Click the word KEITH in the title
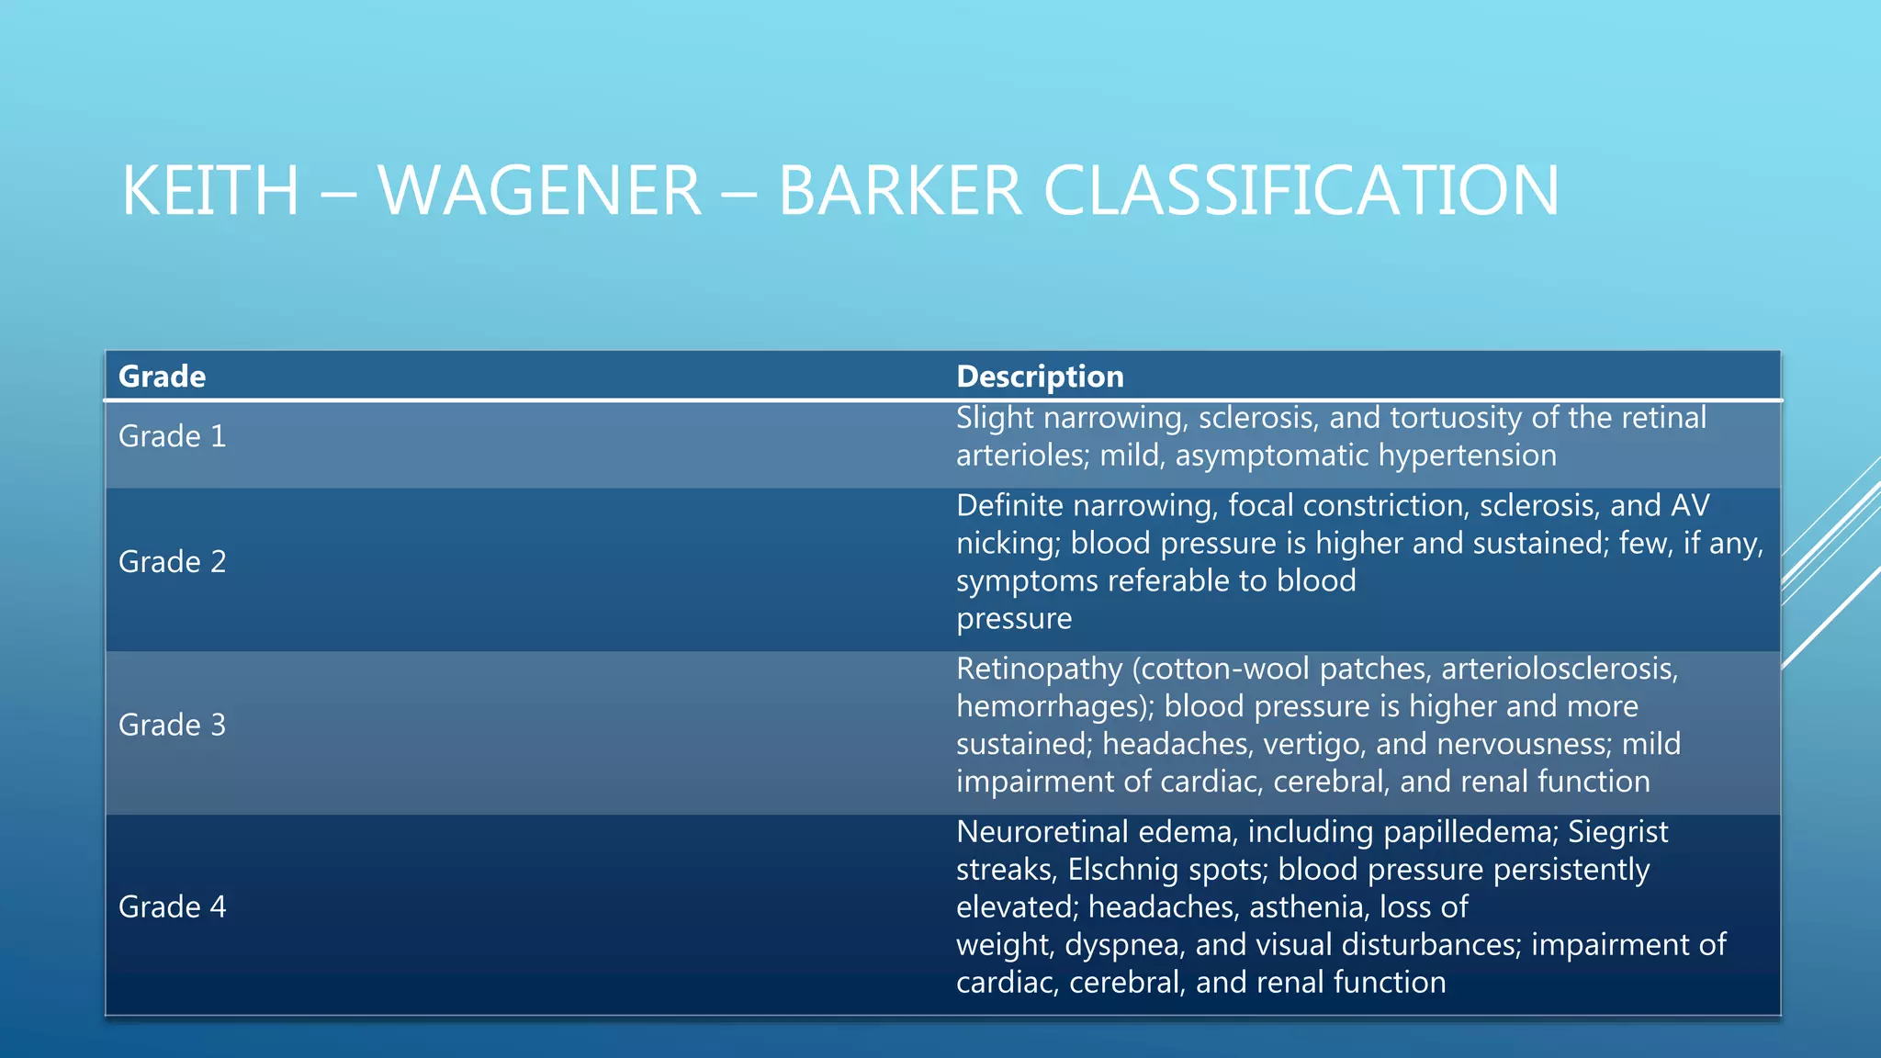[210, 191]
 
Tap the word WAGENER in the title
[539, 191]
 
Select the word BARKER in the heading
[900, 191]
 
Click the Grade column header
[162, 377]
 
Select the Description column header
[1040, 377]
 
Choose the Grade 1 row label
[172, 436]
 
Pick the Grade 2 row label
[172, 562]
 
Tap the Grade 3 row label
[172, 726]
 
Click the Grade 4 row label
[172, 907]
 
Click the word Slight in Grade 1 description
[995, 418]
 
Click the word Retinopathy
[1039, 670]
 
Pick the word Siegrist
[1617, 832]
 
